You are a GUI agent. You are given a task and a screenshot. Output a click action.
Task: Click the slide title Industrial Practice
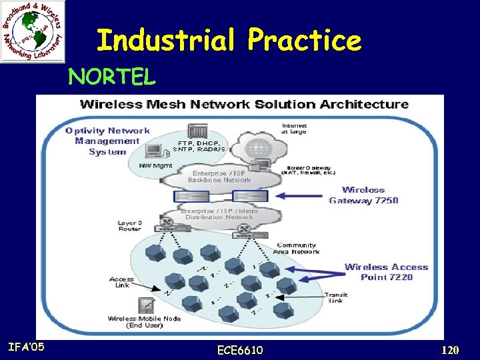pyautogui.click(x=229, y=40)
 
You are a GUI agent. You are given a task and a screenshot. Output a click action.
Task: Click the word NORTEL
pyautogui.click(x=112, y=77)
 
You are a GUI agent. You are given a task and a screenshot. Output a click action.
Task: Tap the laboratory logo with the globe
pyautogui.click(x=33, y=31)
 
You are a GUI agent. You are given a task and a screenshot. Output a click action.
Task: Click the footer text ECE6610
pyautogui.click(x=240, y=350)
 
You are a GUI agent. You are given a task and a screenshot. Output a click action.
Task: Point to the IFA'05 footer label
pyautogui.click(x=27, y=346)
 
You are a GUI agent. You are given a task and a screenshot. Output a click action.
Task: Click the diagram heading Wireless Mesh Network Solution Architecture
pyautogui.click(x=244, y=104)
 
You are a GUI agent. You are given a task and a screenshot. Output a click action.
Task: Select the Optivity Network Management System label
pyautogui.click(x=107, y=141)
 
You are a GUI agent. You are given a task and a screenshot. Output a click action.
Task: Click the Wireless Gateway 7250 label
pyautogui.click(x=363, y=195)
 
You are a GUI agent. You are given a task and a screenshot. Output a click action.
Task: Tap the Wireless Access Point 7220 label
pyautogui.click(x=386, y=272)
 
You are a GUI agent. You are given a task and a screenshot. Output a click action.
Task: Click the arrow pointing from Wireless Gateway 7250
pyautogui.click(x=299, y=196)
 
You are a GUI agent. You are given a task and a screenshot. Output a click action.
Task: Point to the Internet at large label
pyautogui.click(x=294, y=128)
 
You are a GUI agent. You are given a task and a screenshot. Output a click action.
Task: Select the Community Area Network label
pyautogui.click(x=297, y=249)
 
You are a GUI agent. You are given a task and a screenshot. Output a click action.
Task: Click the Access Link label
pyautogui.click(x=122, y=282)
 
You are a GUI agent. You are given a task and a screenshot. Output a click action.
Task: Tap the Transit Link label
pyautogui.click(x=335, y=297)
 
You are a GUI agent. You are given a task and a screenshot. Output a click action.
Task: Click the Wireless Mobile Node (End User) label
pyautogui.click(x=144, y=322)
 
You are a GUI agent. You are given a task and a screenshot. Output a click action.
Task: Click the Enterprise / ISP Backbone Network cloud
pyautogui.click(x=219, y=177)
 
